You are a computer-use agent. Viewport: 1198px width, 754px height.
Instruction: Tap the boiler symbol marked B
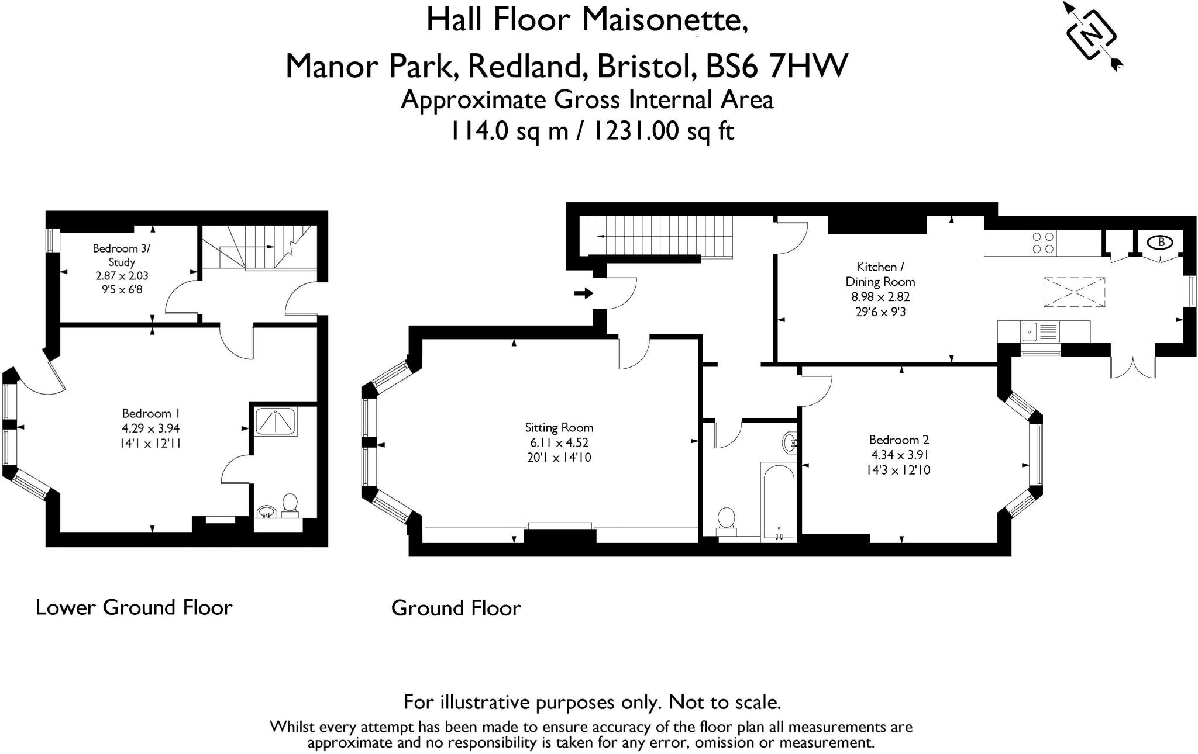click(1161, 242)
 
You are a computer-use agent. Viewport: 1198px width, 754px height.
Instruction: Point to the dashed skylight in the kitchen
click(1075, 292)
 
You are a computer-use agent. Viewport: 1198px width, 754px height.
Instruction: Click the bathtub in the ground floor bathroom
click(778, 500)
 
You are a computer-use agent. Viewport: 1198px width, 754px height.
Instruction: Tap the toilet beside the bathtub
click(727, 520)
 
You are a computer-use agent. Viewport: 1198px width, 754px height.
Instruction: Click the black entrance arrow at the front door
click(583, 293)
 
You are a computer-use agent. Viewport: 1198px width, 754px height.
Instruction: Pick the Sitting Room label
click(559, 427)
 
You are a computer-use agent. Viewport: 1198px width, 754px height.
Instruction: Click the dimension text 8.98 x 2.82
click(880, 297)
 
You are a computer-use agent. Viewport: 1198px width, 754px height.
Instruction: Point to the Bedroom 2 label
click(898, 440)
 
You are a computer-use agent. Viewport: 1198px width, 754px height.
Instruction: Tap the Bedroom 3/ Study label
click(121, 255)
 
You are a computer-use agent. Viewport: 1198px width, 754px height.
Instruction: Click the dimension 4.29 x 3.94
click(151, 428)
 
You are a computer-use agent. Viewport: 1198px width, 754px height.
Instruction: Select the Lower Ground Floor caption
click(134, 607)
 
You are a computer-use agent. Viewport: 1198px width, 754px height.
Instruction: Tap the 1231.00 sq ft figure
click(663, 130)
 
